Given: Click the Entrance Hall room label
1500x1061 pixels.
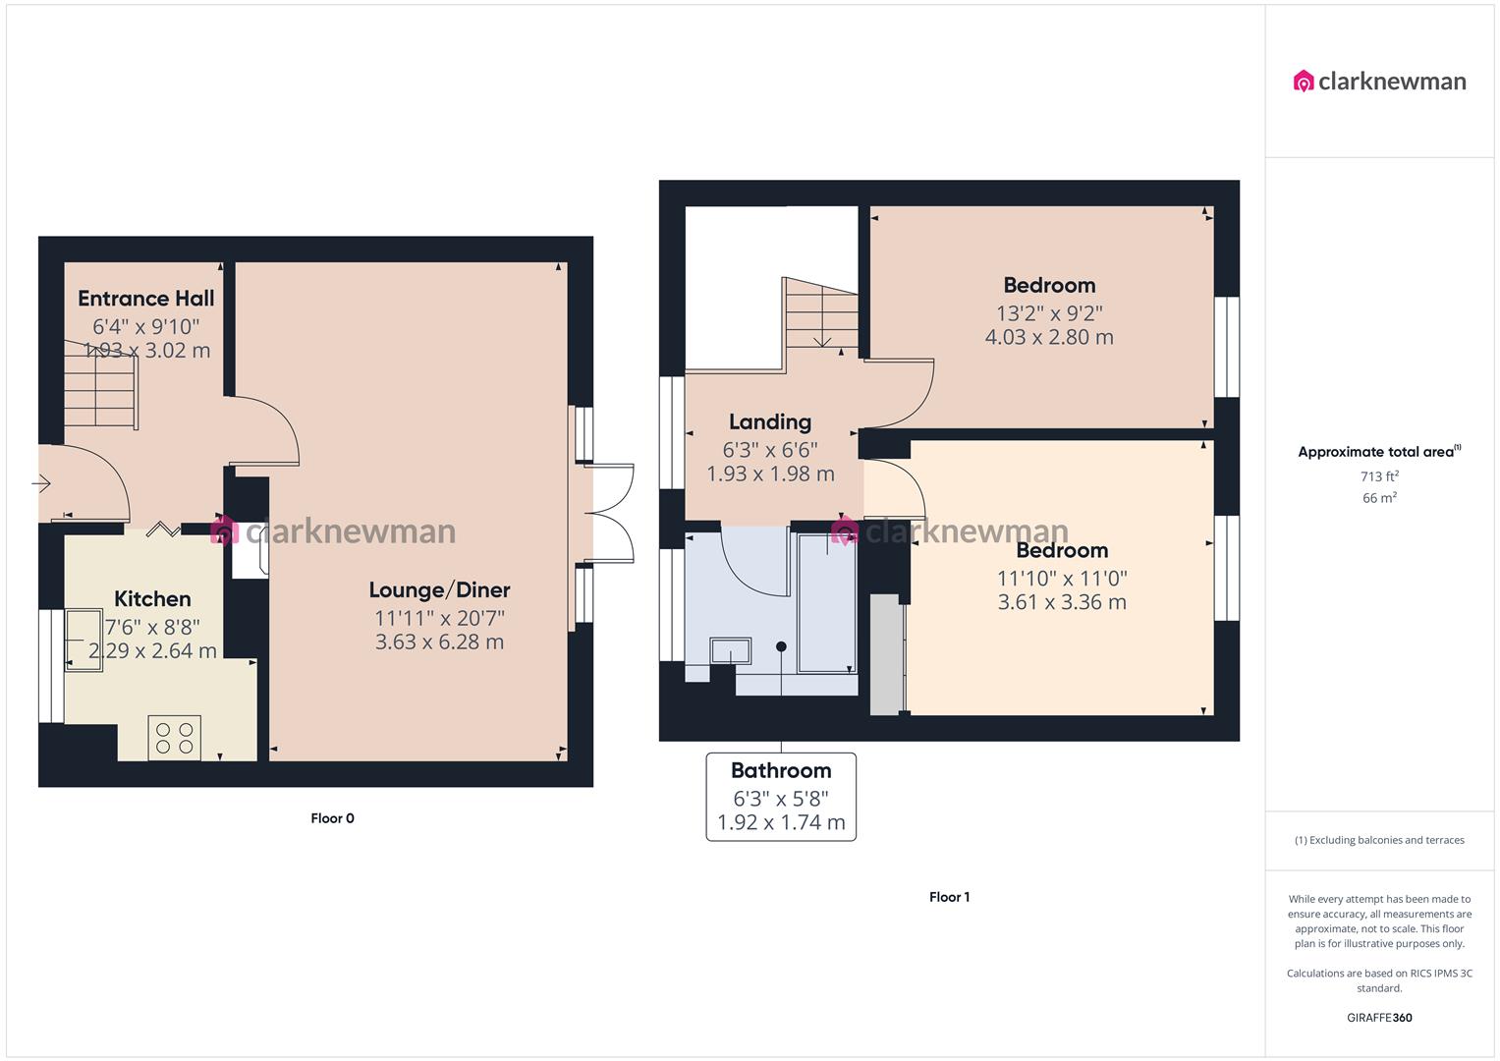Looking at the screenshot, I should (146, 299).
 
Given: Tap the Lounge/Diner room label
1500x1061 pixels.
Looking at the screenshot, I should (439, 590).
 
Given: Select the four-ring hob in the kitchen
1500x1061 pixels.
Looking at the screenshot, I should (174, 738).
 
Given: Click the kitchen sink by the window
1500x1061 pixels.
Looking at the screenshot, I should (83, 641).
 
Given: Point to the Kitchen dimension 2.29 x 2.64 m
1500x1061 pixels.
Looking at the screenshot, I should (152, 651).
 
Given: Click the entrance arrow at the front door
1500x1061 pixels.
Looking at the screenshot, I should (41, 483).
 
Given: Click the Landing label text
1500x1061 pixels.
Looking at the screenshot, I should (770, 422).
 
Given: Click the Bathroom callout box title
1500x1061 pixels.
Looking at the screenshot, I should (781, 771).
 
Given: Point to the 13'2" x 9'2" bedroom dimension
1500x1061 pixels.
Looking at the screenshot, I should (1049, 313).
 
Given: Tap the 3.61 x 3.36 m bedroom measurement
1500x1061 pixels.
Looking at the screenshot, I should (1062, 602).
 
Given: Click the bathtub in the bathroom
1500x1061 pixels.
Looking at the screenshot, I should (826, 604).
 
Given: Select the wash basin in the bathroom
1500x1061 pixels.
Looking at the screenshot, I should (730, 651).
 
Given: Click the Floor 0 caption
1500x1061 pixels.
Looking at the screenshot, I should (332, 818).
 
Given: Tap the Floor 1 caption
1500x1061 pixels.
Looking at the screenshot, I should (949, 897).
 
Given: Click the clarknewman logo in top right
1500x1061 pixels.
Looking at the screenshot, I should (1379, 82).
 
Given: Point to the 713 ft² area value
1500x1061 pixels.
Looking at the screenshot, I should (1379, 476).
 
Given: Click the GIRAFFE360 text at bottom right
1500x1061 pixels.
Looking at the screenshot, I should (1379, 1018).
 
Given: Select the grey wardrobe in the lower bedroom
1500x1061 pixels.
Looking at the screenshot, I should (886, 654).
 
